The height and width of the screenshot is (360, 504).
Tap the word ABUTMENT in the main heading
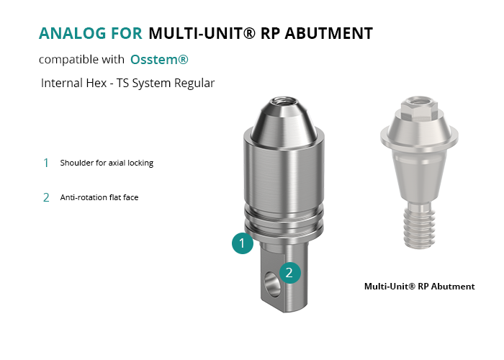(x=328, y=33)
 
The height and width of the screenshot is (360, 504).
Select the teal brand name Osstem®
(x=159, y=60)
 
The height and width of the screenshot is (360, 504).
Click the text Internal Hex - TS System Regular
(x=127, y=83)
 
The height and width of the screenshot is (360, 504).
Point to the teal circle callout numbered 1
(x=243, y=243)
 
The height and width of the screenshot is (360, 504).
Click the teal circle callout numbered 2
(x=290, y=273)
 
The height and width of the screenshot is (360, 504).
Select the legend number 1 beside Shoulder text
(x=46, y=163)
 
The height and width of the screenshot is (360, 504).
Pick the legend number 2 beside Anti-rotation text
(x=46, y=197)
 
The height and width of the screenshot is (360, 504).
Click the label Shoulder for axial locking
(x=107, y=163)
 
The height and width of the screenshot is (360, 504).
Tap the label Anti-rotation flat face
(x=99, y=197)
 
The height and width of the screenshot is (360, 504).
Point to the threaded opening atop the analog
(x=279, y=102)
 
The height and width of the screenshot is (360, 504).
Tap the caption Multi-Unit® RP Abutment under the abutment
(x=420, y=287)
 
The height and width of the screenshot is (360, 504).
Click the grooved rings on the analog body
(x=284, y=221)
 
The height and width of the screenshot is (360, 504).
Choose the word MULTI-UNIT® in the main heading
(x=202, y=33)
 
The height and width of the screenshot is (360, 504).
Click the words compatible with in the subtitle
(x=81, y=60)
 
